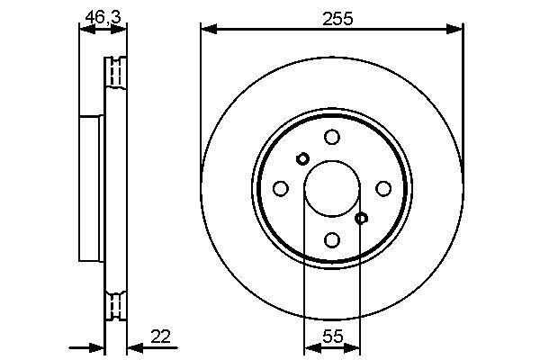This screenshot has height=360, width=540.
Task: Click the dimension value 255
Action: [332, 15]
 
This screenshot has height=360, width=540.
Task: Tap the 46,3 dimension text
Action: [102, 14]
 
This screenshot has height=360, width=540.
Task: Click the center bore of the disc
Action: [331, 188]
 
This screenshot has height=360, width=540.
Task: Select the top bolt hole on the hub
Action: [332, 137]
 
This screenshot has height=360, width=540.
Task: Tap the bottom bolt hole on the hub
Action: [332, 239]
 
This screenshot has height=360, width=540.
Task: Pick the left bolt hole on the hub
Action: [280, 188]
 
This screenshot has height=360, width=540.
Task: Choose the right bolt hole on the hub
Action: [383, 188]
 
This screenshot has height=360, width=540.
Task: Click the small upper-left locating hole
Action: [302, 158]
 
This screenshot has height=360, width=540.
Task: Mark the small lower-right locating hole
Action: [361, 218]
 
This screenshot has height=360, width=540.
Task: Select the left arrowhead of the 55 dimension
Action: [310, 347]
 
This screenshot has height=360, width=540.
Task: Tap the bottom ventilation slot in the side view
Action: [116, 305]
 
